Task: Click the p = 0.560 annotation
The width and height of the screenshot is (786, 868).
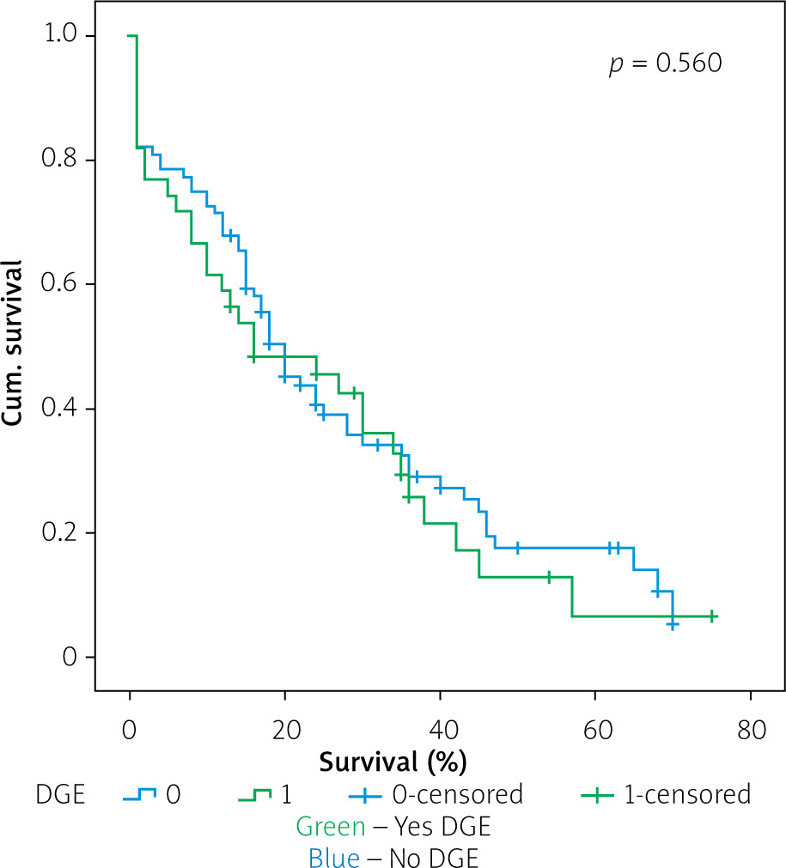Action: pos(665,64)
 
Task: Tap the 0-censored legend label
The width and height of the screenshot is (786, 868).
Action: pos(463,794)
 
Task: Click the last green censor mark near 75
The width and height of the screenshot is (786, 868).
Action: pos(712,616)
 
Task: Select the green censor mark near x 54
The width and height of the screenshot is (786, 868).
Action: pos(548,577)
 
